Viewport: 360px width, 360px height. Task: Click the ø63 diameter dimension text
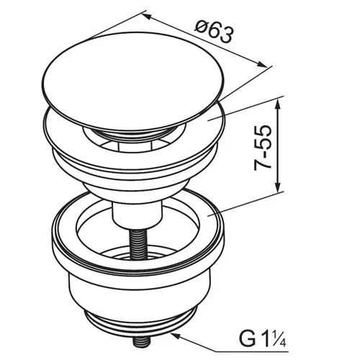[x=215, y=33]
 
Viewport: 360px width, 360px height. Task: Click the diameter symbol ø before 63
[x=203, y=29]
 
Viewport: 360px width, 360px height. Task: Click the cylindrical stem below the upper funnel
[x=135, y=212]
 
